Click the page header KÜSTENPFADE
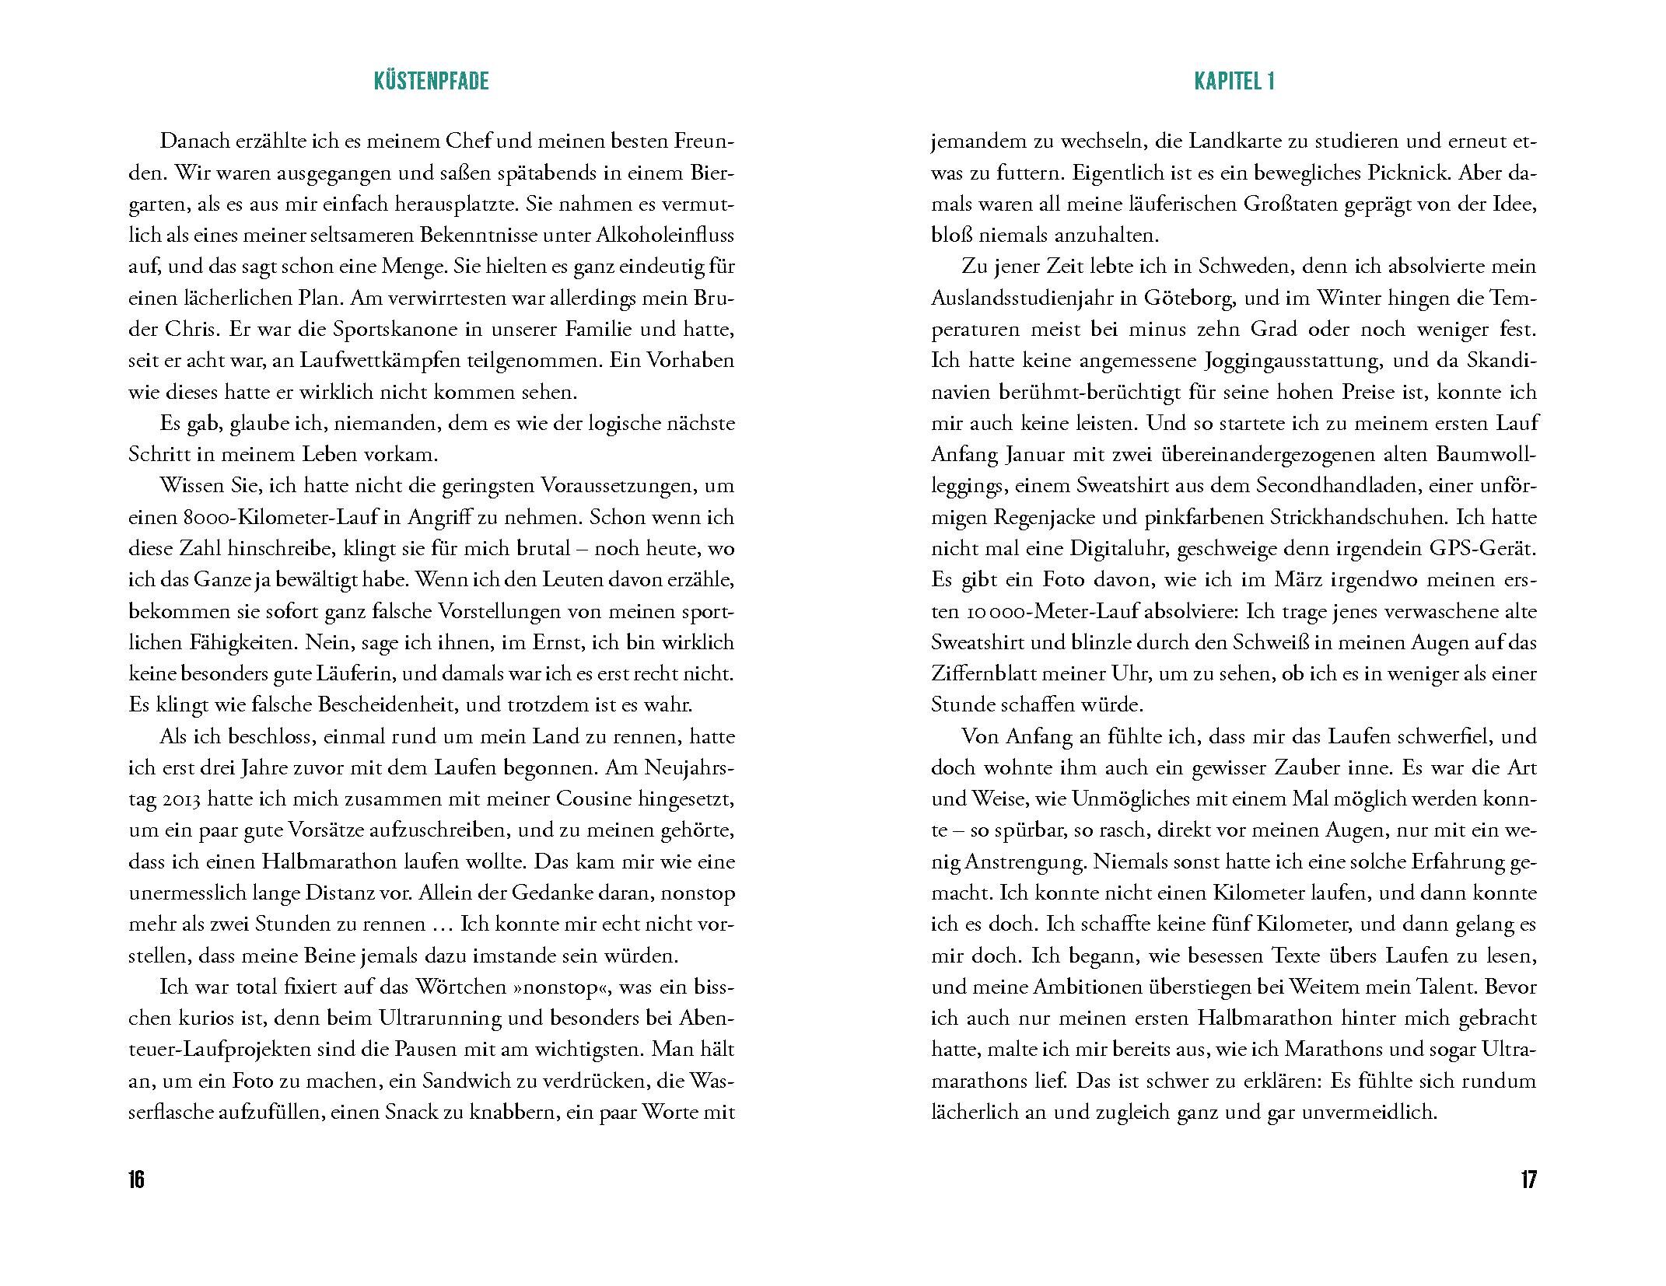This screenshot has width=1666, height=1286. (431, 82)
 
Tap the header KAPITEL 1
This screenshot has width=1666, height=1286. (1234, 82)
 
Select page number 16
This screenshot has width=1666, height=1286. (136, 1179)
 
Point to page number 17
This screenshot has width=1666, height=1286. (1528, 1179)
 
